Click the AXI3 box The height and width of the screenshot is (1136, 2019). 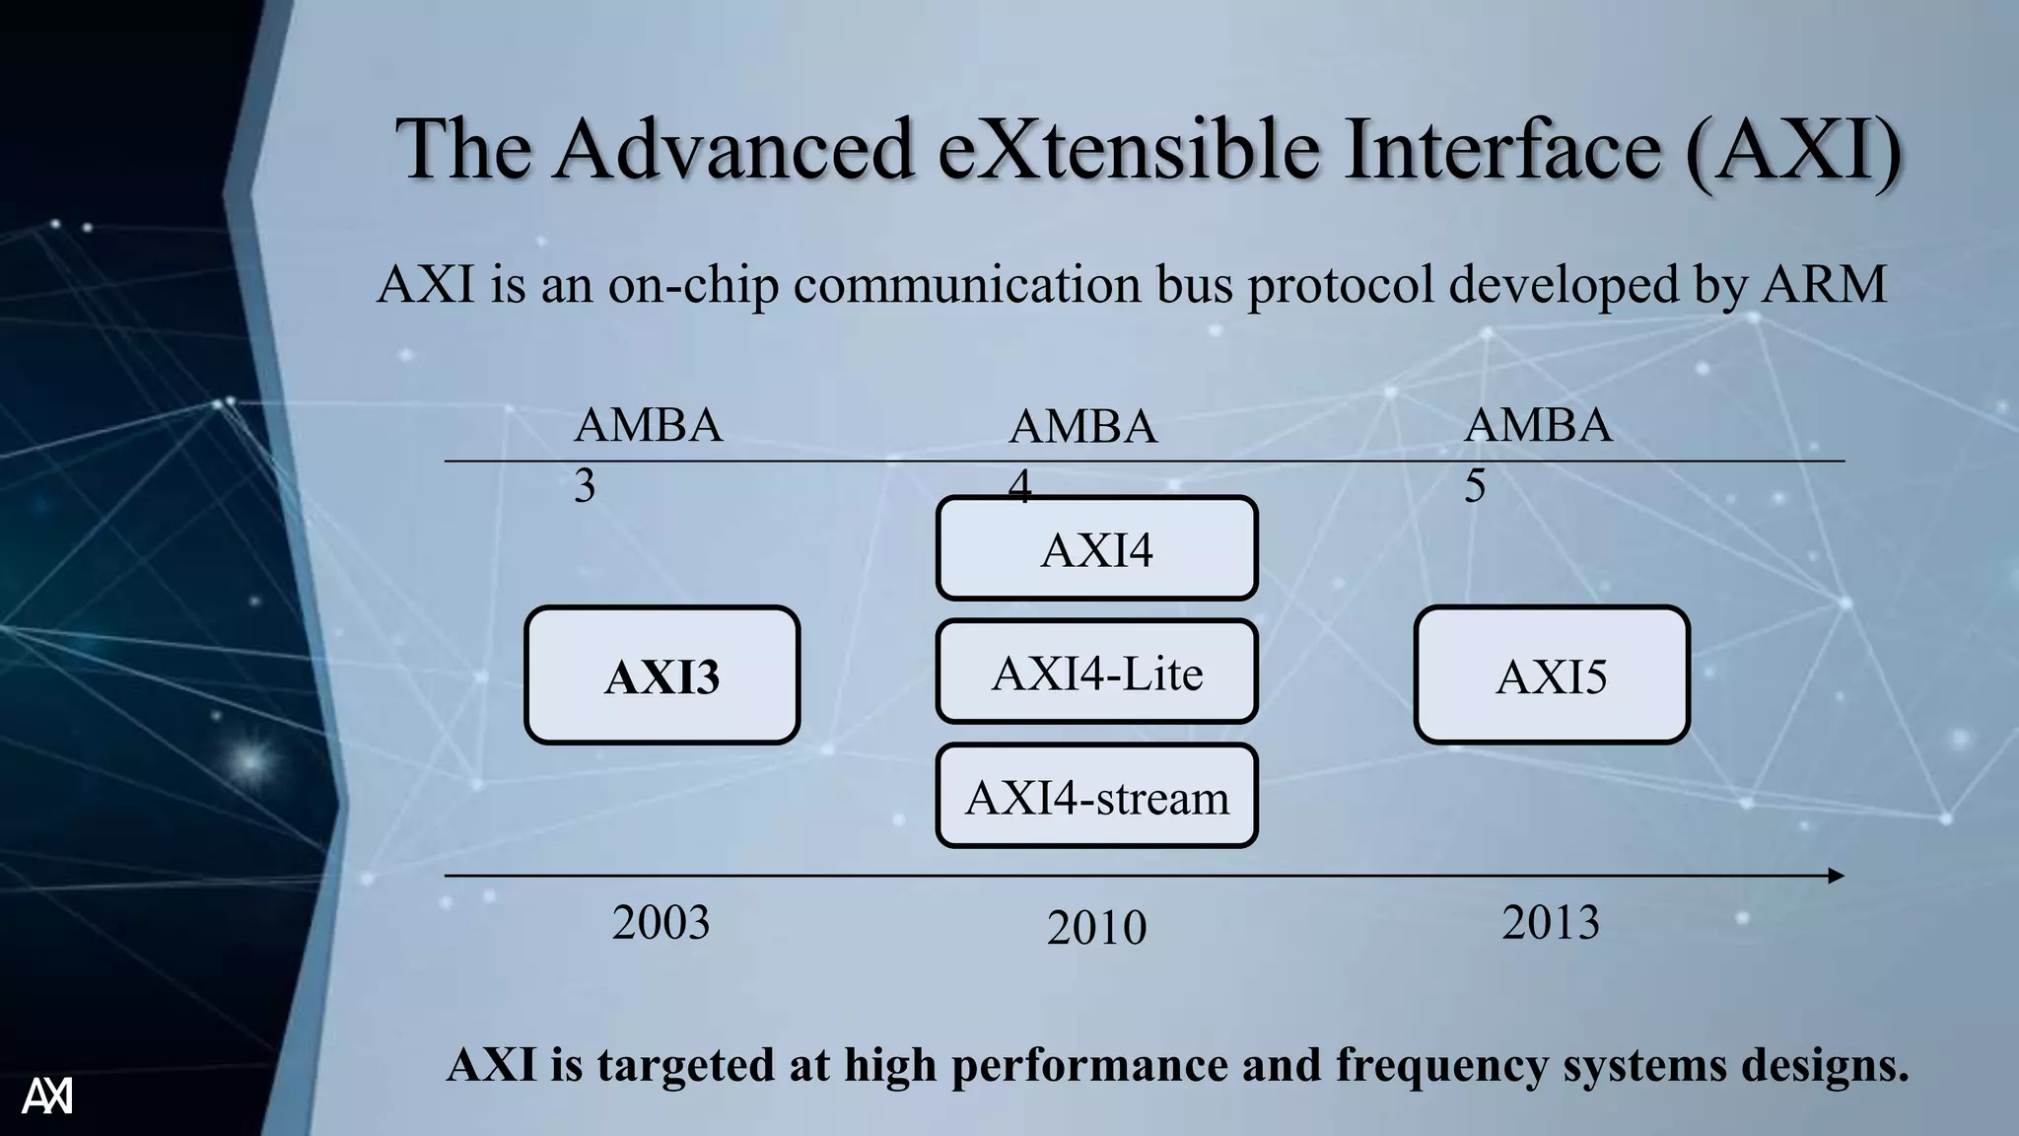click(x=661, y=675)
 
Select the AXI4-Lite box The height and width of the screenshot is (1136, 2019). click(x=1096, y=673)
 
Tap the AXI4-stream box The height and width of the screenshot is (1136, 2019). click(x=1096, y=797)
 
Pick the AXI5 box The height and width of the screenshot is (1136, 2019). click(x=1552, y=675)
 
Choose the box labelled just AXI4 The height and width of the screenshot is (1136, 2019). click(x=1096, y=548)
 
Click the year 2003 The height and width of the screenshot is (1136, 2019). click(x=661, y=923)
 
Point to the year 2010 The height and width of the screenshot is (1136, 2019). click(x=1096, y=928)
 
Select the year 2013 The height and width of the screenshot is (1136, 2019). click(x=1551, y=923)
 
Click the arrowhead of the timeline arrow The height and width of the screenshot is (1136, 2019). click(x=1836, y=876)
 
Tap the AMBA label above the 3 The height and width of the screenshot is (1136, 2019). click(x=648, y=426)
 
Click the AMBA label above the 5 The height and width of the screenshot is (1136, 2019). click(x=1538, y=426)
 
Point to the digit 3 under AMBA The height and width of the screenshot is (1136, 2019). click(x=585, y=486)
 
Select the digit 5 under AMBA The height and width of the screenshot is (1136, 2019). click(x=1475, y=486)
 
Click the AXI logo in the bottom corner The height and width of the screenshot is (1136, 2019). click(x=47, y=1096)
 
